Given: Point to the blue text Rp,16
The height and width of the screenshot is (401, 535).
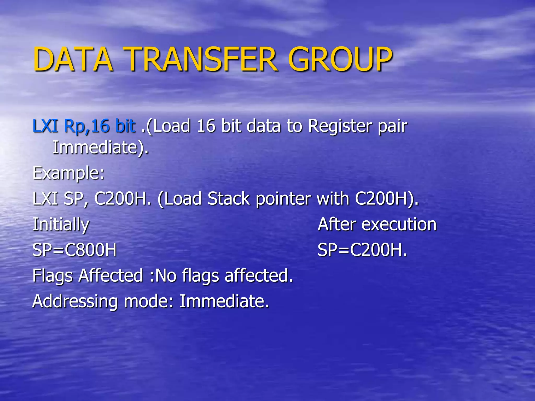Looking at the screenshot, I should (86, 126).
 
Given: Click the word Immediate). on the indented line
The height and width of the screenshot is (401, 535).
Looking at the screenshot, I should (101, 148).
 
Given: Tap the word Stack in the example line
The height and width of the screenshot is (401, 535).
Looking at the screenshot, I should (229, 199).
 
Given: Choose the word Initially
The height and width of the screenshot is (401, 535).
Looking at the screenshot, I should (61, 225).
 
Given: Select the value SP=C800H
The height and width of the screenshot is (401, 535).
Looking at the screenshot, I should (74, 250).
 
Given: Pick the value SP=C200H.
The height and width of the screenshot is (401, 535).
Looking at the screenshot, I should (362, 250).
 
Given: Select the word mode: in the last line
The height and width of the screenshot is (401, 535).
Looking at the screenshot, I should (149, 301).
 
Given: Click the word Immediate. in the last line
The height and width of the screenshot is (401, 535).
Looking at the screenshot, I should (224, 301).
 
